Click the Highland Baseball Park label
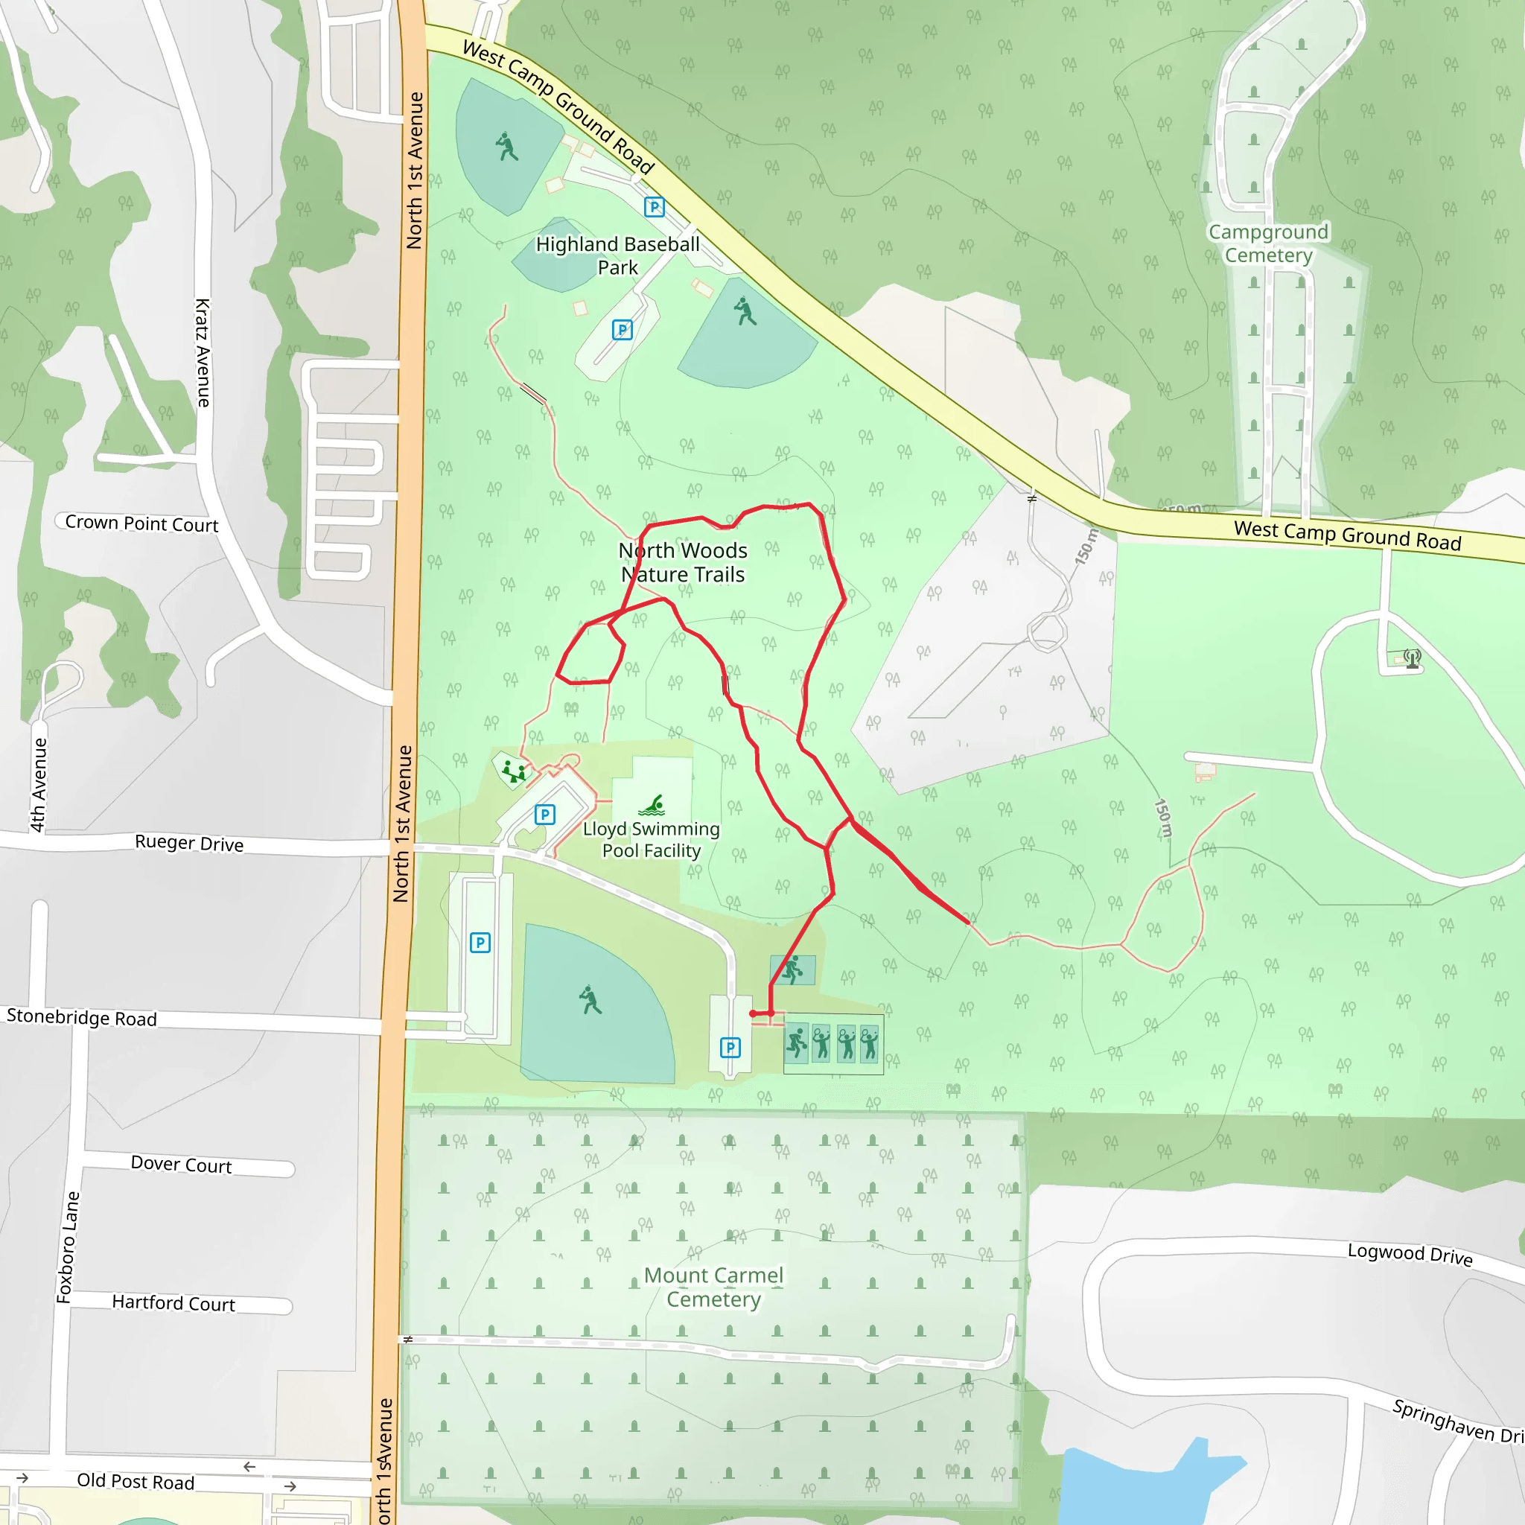tap(617, 255)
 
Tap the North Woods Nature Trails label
tap(683, 562)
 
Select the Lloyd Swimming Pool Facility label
tap(652, 840)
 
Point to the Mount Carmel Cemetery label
tap(713, 1287)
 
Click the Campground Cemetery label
tap(1268, 243)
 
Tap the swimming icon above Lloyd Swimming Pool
tap(653, 805)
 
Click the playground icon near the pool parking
tap(514, 771)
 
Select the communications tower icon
tap(1412, 658)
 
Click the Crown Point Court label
tap(141, 523)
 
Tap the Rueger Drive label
tap(188, 843)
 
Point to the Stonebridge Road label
tap(81, 1017)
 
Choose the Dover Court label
tap(181, 1165)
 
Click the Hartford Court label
tap(173, 1302)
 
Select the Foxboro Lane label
tap(68, 1247)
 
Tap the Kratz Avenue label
tap(203, 352)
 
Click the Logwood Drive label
tap(1410, 1254)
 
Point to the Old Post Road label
tap(135, 1482)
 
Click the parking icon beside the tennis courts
tap(730, 1048)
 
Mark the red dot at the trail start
tap(753, 1013)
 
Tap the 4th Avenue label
tap(38, 785)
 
